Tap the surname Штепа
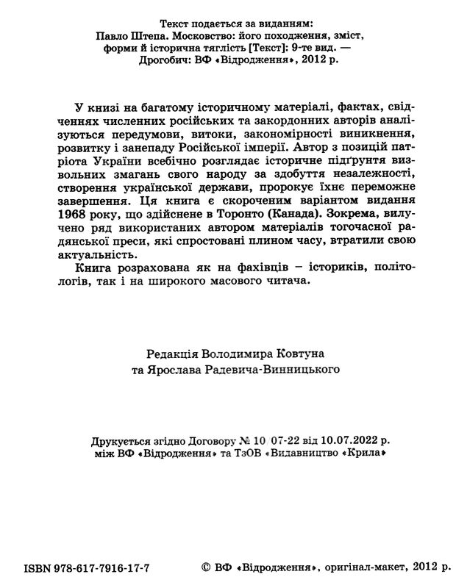[152, 35]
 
